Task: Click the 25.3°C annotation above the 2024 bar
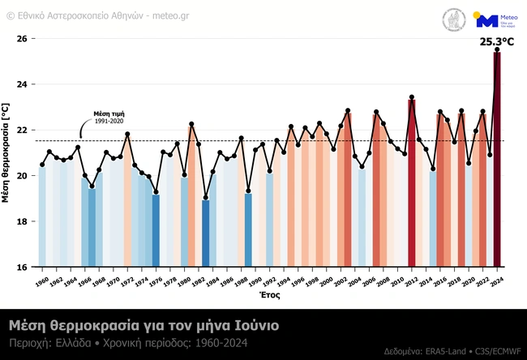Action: (497, 41)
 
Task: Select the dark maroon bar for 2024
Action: (497, 162)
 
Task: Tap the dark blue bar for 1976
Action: (156, 230)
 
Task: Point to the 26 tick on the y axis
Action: (23, 39)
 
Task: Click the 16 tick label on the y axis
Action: (23, 267)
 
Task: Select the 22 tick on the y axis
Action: (23, 130)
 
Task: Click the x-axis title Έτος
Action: (269, 296)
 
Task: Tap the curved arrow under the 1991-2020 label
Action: (84, 131)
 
